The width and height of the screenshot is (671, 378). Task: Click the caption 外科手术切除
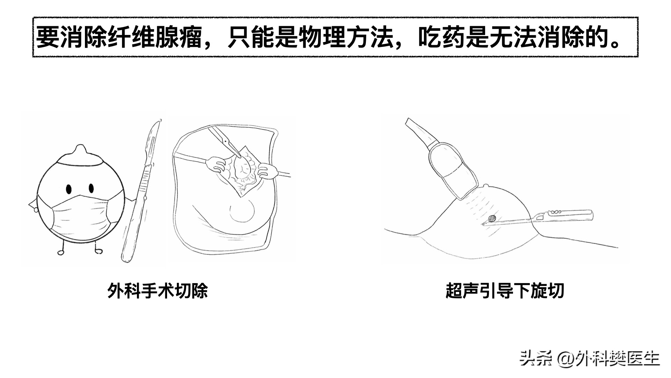point(158,290)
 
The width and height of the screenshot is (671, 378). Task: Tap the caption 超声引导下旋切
point(505,290)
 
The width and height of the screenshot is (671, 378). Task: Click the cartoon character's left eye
point(69,189)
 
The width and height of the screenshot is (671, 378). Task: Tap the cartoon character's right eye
point(91,188)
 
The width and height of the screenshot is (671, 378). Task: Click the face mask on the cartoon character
point(81,213)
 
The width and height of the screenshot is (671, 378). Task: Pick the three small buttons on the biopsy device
point(556,212)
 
